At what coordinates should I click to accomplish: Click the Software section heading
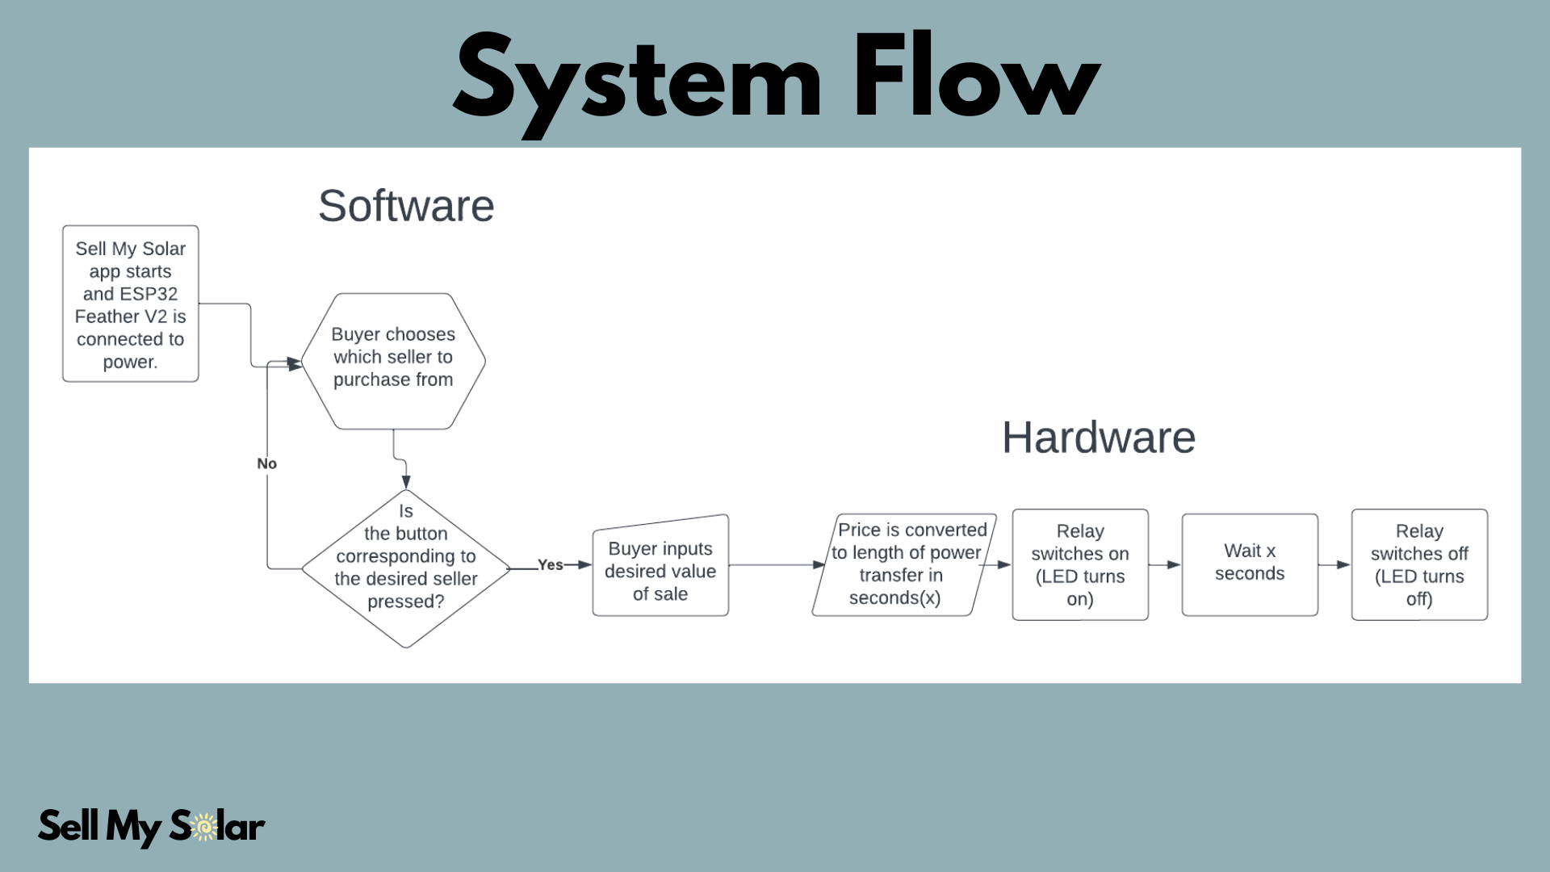(406, 206)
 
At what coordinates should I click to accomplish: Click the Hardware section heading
(1099, 438)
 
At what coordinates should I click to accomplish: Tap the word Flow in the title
(978, 77)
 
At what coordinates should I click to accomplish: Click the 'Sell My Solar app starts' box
(131, 304)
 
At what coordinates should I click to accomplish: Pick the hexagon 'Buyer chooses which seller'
(393, 361)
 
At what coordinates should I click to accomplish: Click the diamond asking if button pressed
(406, 568)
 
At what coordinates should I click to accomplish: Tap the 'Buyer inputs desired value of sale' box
(660, 566)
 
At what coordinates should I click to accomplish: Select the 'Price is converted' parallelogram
(904, 564)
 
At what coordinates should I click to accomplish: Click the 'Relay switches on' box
(1080, 564)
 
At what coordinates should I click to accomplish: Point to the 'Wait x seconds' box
(1250, 564)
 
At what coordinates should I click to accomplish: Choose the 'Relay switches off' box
(1419, 564)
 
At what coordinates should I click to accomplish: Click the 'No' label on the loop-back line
(266, 463)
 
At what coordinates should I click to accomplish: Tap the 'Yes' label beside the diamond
(551, 565)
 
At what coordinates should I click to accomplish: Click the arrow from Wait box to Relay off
(1334, 564)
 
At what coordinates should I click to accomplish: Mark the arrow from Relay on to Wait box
(1165, 564)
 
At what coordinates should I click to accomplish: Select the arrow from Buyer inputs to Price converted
(777, 564)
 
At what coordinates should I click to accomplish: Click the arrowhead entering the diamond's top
(406, 482)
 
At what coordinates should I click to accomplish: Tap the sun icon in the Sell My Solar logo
(205, 827)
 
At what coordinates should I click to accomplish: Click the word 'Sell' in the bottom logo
(69, 825)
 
